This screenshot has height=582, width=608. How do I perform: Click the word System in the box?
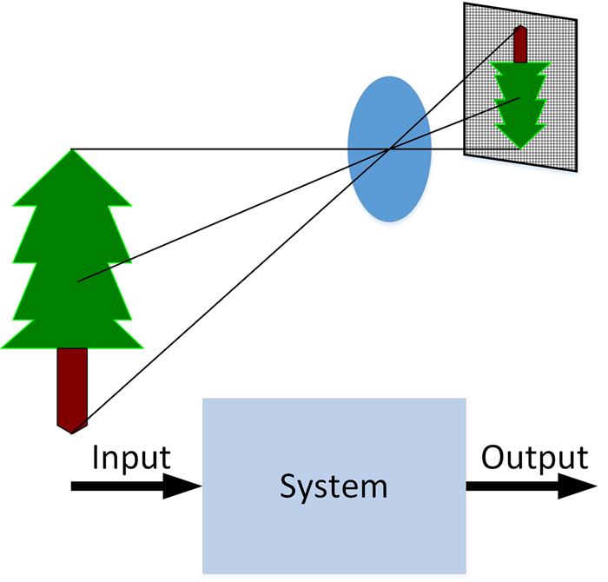point(334,486)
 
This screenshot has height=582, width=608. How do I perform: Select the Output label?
point(534,457)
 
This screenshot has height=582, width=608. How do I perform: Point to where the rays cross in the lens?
point(388,149)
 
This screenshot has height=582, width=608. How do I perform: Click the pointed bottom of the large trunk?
point(72,431)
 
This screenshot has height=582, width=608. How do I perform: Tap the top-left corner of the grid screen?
point(465,4)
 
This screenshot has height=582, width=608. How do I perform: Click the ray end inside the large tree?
point(78,281)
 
